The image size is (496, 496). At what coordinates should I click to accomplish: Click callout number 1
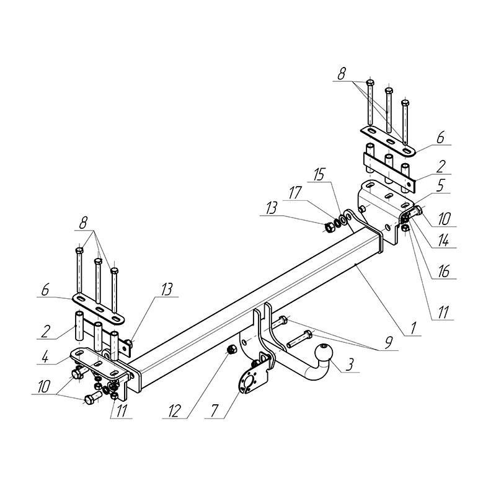point(412,328)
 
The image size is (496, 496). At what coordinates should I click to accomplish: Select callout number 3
point(349,365)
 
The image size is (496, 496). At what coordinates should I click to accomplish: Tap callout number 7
point(214,411)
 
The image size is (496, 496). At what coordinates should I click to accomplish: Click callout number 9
point(388,343)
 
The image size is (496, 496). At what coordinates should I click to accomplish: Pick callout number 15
point(319,175)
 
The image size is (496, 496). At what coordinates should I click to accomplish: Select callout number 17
point(295,193)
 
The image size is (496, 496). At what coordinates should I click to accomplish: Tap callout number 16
point(444,272)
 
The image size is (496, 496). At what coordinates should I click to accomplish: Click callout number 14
point(443,241)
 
